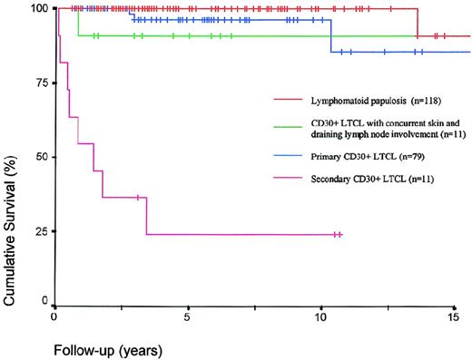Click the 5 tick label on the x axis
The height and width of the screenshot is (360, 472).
[187, 318]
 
